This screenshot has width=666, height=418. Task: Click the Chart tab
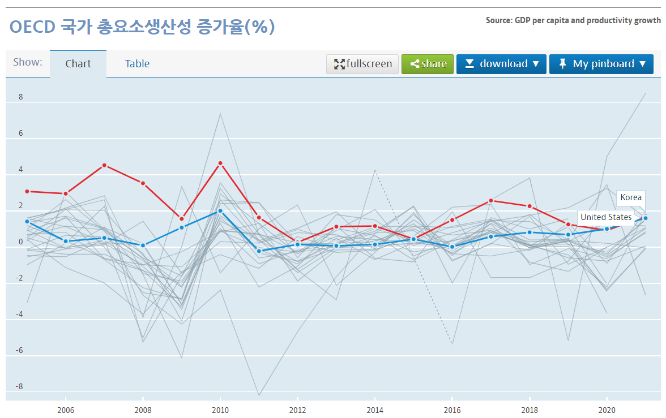[x=78, y=64]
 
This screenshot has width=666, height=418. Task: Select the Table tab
[x=137, y=64]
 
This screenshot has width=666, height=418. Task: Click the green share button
[x=428, y=64]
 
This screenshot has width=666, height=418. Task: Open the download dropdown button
[x=501, y=64]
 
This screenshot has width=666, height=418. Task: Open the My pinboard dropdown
[x=601, y=64]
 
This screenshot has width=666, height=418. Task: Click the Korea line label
[x=631, y=197]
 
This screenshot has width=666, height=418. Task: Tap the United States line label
[x=606, y=217]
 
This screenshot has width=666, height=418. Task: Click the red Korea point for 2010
[x=220, y=163]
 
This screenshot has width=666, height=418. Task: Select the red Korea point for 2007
[x=104, y=165]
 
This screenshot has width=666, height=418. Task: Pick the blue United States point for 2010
[x=220, y=211]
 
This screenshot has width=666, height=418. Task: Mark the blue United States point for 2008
[x=143, y=245]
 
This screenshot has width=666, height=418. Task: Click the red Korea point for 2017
[x=491, y=201]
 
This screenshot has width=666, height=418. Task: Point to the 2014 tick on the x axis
[x=374, y=410]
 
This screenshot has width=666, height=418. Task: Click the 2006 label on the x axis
[x=66, y=410]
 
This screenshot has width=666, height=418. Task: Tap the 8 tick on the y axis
[x=20, y=97]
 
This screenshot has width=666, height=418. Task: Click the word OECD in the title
[x=31, y=27]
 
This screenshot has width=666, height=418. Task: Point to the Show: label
[x=28, y=62]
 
